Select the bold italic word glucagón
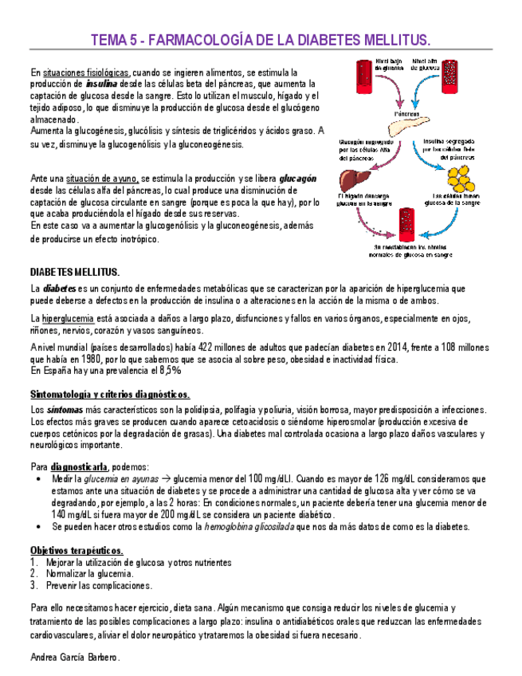[297, 179]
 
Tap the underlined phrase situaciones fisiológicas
[87, 72]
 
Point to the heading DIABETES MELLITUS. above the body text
[75, 272]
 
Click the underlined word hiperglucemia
[69, 318]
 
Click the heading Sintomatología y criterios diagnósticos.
[110, 395]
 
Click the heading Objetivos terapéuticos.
[77, 551]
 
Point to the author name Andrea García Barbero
[75, 658]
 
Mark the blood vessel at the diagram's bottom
[406, 226]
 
